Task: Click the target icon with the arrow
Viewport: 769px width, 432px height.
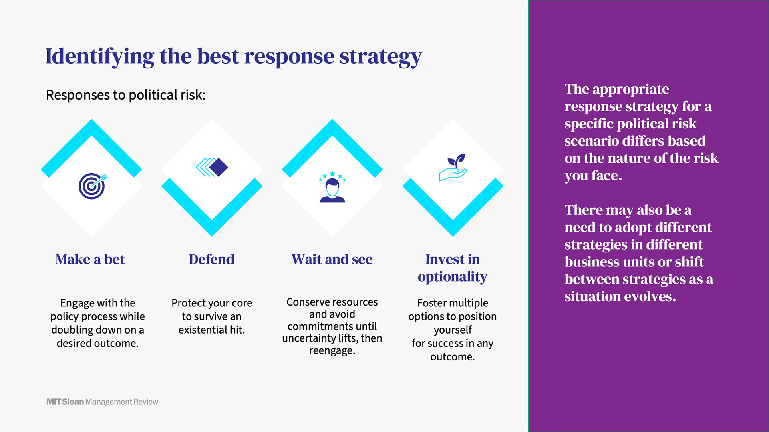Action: click(x=92, y=186)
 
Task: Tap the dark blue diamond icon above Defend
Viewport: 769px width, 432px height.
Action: click(x=212, y=167)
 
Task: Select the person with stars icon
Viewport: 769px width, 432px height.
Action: click(x=332, y=187)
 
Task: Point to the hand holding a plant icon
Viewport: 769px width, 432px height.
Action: click(x=453, y=167)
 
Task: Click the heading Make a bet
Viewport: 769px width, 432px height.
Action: click(x=90, y=259)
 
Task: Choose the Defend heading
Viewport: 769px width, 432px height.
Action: click(x=211, y=259)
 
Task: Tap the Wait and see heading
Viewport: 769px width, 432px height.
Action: click(x=332, y=259)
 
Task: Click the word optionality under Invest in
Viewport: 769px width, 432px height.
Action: click(x=453, y=277)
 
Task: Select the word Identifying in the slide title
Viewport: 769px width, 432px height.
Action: click(x=100, y=56)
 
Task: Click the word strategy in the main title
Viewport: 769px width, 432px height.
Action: click(x=381, y=56)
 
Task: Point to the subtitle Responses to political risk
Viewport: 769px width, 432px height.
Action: click(x=126, y=95)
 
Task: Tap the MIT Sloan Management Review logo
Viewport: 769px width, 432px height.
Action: click(x=102, y=402)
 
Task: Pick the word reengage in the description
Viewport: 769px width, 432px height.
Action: click(x=332, y=351)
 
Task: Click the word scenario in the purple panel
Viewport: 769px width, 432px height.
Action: click(x=591, y=141)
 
